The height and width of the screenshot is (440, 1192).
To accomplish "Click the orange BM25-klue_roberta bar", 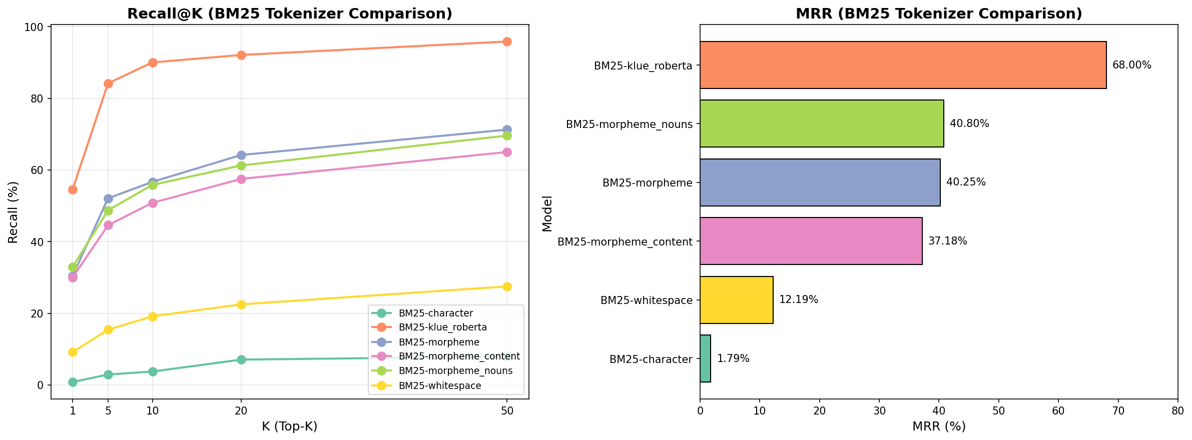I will (903, 65).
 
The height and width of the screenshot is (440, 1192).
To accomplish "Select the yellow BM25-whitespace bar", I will (736, 300).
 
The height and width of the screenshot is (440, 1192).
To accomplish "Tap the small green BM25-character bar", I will (705, 358).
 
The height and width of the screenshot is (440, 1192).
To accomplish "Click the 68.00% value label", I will (1131, 65).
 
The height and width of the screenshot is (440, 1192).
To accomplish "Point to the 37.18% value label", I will (947, 241).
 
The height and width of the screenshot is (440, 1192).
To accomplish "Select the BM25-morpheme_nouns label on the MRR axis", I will (629, 124).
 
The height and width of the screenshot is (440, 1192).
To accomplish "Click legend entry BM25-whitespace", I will (439, 386).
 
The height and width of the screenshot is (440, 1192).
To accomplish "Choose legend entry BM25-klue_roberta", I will (442, 327).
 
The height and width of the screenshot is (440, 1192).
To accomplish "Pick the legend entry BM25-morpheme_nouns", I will (455, 371).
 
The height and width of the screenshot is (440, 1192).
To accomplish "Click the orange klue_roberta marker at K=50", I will (506, 41).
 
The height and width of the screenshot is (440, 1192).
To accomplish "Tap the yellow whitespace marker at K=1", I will (73, 352).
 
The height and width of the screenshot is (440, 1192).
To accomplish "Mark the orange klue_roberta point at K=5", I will (108, 83).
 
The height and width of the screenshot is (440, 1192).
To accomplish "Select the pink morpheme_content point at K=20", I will (241, 179).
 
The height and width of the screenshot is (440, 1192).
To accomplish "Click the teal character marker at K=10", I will (153, 371).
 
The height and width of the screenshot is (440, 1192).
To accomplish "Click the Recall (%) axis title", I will (14, 212).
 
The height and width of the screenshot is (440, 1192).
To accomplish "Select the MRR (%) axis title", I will (938, 426).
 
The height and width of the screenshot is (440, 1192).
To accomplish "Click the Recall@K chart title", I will (290, 13).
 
